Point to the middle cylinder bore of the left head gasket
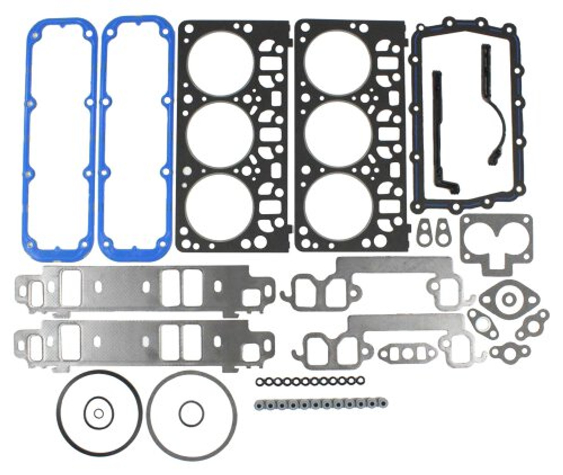click(x=220, y=134)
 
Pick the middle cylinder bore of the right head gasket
click(x=338, y=134)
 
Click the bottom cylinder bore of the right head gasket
click(x=338, y=206)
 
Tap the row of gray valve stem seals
click(x=320, y=403)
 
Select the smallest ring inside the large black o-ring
click(x=99, y=413)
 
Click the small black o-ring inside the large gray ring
click(x=191, y=413)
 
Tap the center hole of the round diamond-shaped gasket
click(x=509, y=300)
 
